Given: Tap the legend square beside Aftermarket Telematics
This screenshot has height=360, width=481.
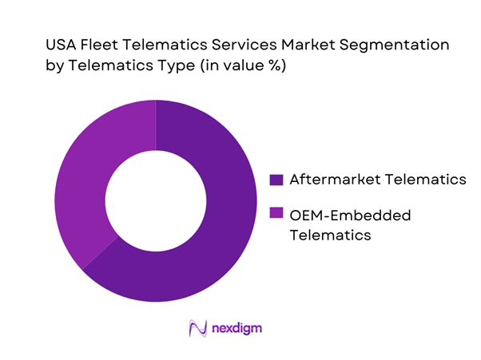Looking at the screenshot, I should pyautogui.click(x=276, y=180).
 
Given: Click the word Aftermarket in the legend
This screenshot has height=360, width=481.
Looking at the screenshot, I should pyautogui.click(x=332, y=180).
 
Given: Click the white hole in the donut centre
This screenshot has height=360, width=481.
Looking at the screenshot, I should pyautogui.click(x=156, y=200).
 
